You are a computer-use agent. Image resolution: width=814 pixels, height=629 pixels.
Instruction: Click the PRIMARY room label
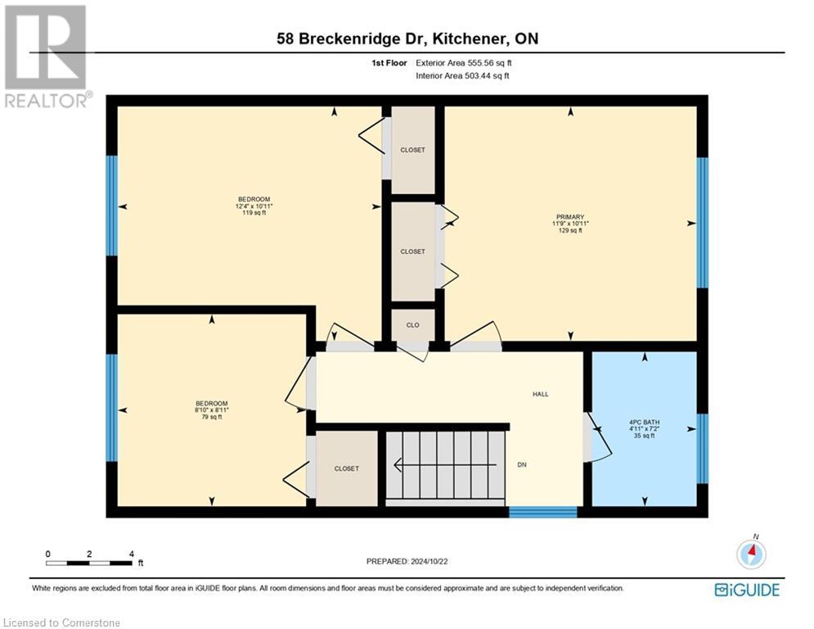point(570,217)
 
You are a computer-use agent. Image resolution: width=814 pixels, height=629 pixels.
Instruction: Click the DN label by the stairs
point(522,464)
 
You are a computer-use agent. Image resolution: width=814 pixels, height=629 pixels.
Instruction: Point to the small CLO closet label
point(412,325)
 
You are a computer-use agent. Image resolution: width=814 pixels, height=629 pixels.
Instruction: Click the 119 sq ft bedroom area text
point(254,213)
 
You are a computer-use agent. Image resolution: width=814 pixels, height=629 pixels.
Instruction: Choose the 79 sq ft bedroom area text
point(211,417)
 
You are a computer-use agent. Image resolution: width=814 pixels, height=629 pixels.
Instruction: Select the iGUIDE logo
point(746,589)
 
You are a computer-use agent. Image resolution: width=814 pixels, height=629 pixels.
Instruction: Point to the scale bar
point(90,563)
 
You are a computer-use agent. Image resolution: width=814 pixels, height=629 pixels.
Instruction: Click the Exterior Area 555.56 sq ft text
point(464,63)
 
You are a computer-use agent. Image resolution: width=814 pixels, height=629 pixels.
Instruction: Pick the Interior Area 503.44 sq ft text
point(463,76)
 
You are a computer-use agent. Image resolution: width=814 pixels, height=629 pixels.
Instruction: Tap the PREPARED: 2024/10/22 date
point(407,561)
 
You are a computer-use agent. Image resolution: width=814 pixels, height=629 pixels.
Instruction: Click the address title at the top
point(407,38)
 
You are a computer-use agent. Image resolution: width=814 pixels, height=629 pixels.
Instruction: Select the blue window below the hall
point(543,513)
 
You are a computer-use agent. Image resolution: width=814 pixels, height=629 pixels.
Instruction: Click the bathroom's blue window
point(701,449)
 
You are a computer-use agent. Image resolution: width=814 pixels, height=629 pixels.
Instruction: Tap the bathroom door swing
point(599,437)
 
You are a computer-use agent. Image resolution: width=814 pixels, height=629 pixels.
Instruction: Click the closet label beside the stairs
point(346,468)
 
